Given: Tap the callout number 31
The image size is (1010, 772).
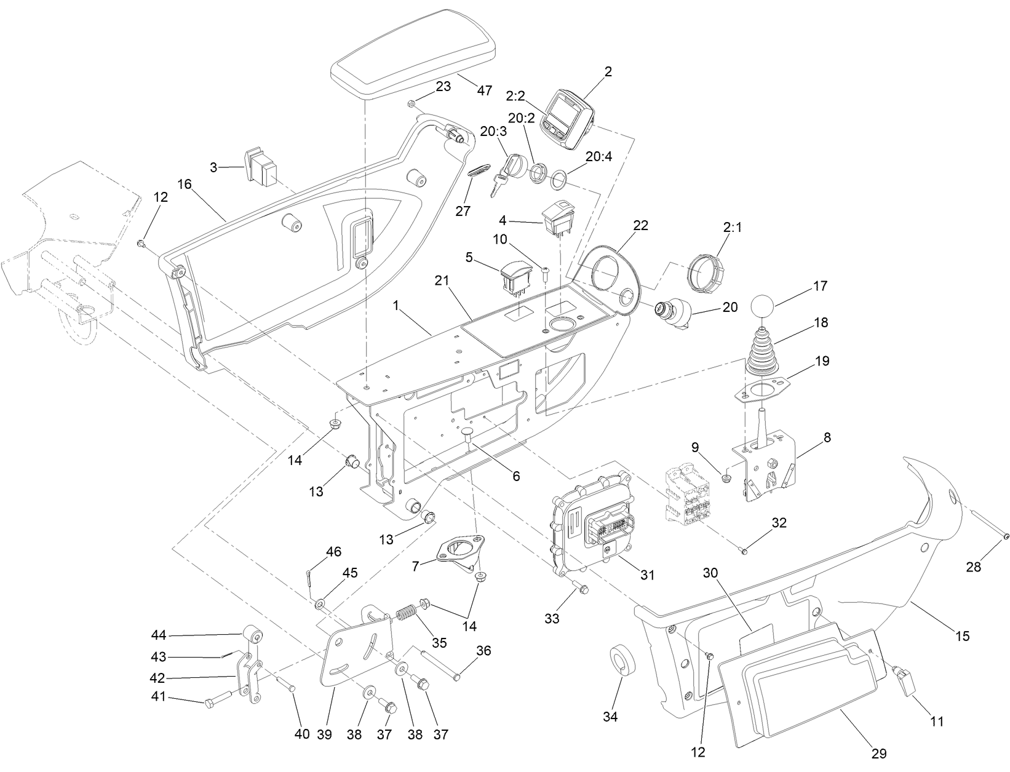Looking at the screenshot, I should click(647, 575).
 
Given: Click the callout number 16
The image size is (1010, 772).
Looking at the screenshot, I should click(185, 184).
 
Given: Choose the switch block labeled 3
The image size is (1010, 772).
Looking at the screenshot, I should click(261, 167).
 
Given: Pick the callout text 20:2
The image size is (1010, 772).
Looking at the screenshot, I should click(521, 118).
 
